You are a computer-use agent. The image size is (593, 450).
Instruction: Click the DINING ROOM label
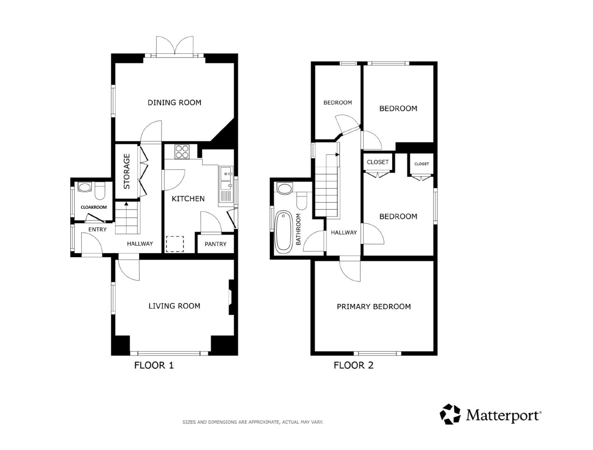174,102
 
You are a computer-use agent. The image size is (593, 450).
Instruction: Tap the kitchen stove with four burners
182,152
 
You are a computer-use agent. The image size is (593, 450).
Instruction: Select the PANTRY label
216,244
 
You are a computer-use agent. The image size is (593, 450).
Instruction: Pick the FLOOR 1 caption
154,365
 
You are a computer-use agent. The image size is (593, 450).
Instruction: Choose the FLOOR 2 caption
353,365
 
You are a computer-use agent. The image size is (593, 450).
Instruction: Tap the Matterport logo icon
450,414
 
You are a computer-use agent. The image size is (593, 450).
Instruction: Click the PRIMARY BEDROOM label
374,307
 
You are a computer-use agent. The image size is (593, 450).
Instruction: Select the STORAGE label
127,171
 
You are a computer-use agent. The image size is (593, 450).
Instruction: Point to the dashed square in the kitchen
175,244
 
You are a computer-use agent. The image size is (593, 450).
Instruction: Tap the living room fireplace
231,297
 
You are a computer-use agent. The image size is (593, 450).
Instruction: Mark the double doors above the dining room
175,46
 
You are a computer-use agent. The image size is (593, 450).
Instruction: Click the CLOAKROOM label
94,207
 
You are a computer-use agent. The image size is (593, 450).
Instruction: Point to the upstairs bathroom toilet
302,201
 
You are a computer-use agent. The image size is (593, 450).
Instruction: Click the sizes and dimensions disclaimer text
253,422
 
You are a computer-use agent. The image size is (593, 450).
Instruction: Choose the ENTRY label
98,230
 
